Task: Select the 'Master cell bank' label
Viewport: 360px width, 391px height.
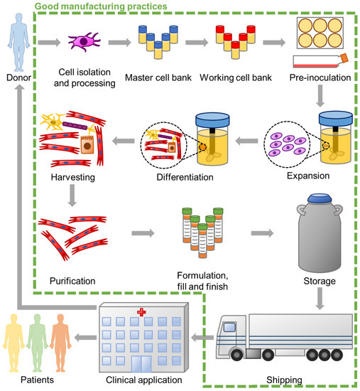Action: [x=158, y=77]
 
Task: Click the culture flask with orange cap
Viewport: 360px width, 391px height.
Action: [x=319, y=63]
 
